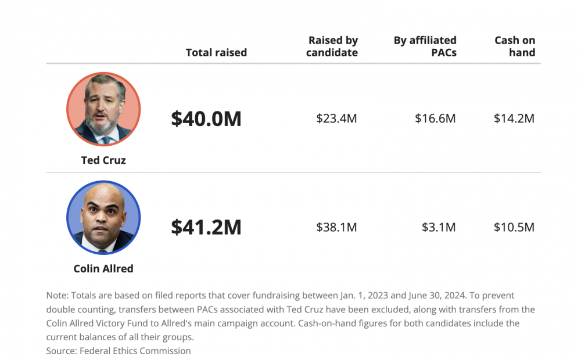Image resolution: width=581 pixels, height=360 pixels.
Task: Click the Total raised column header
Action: tap(216, 53)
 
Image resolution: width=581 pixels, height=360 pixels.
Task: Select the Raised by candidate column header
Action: tap(333, 46)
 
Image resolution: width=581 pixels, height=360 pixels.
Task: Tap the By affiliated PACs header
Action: tap(425, 46)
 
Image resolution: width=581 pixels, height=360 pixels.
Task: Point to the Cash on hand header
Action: tap(515, 46)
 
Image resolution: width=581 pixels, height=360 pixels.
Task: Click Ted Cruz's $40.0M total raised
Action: tap(206, 118)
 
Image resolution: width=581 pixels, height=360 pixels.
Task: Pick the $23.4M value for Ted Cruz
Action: tap(336, 118)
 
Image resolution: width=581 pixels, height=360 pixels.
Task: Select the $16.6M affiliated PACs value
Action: tap(435, 118)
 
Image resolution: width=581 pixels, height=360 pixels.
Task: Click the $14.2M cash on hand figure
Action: tap(514, 118)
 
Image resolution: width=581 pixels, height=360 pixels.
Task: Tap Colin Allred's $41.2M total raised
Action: tap(206, 227)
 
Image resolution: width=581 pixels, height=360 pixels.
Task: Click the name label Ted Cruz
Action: tap(103, 160)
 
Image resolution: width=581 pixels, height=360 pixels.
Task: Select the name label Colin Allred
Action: tap(103, 269)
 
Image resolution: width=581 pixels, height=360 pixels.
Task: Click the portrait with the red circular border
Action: tap(103, 109)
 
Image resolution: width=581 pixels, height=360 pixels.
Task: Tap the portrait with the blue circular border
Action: tap(103, 218)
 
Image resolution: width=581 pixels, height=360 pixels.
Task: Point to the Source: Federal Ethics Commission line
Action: tap(119, 351)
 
